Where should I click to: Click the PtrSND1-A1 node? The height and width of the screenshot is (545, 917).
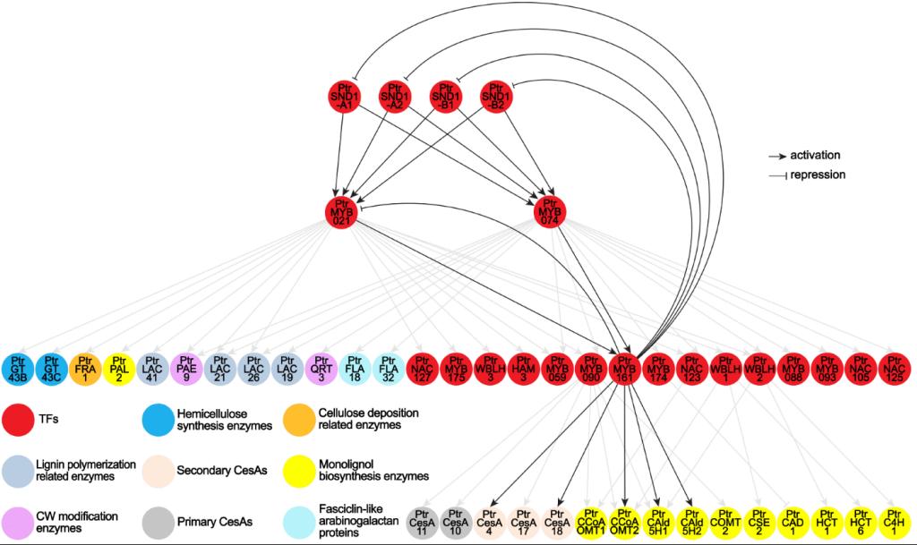344,96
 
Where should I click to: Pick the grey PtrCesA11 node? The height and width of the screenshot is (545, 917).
423,518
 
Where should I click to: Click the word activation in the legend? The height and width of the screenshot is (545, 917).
815,155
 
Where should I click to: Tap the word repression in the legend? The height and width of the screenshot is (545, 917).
818,175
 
